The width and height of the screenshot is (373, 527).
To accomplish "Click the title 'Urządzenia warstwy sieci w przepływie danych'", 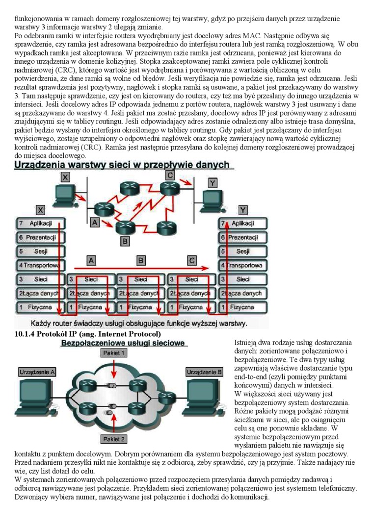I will pyautogui.click(x=122, y=165).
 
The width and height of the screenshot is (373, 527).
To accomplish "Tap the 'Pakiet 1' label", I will pyautogui.click(x=113, y=352).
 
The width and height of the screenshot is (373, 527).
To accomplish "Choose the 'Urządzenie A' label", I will pyautogui.click(x=37, y=373).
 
